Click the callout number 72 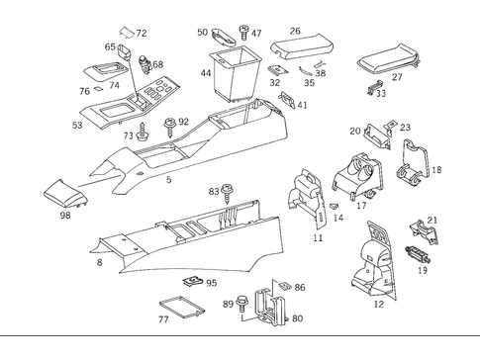(x=142, y=33)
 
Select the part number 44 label (x=205, y=74)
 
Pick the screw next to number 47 (x=243, y=35)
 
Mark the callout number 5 (x=168, y=179)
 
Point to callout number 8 (x=98, y=262)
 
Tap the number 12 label (x=378, y=305)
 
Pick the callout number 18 (x=436, y=170)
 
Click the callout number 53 (x=77, y=126)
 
